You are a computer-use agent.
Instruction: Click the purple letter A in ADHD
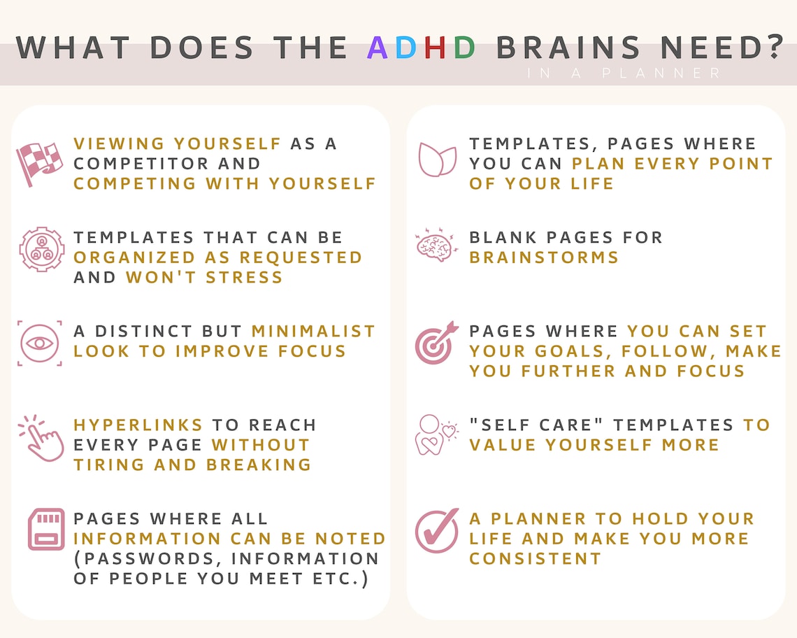378,48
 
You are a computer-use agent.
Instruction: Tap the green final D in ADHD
465,48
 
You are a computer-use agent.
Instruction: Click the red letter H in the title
436,48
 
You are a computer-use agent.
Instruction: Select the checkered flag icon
39,164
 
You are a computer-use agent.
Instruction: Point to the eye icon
40,343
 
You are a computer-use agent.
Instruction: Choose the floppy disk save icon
46,529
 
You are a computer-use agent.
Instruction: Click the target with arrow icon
436,343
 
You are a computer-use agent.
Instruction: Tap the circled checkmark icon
437,531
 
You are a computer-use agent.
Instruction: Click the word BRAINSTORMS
544,257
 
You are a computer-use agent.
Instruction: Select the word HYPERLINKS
138,425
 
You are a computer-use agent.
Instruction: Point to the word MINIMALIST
313,331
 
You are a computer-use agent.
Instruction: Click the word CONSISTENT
536,559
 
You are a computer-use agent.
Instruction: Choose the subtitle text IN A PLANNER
624,73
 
